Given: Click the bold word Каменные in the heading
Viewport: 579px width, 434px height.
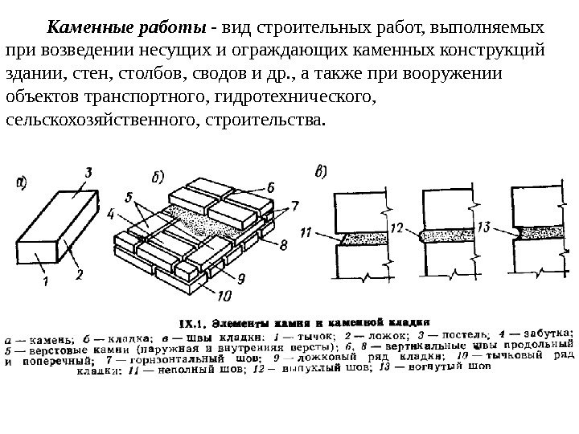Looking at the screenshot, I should click(x=87, y=29).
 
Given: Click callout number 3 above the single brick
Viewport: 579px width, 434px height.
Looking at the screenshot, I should click(x=88, y=171).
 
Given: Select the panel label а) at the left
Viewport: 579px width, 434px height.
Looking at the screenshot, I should click(x=25, y=182).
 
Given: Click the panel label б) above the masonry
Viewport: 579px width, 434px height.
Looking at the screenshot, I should click(x=158, y=177).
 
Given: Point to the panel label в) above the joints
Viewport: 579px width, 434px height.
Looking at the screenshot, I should click(x=321, y=171).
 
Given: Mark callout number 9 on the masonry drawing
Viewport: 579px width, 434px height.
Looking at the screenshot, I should click(x=240, y=277).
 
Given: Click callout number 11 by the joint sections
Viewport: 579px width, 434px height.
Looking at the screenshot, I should click(x=306, y=233).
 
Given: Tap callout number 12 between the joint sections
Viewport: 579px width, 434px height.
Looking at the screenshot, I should click(x=396, y=228).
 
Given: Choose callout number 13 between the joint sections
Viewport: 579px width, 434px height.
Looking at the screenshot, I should click(x=482, y=227).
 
